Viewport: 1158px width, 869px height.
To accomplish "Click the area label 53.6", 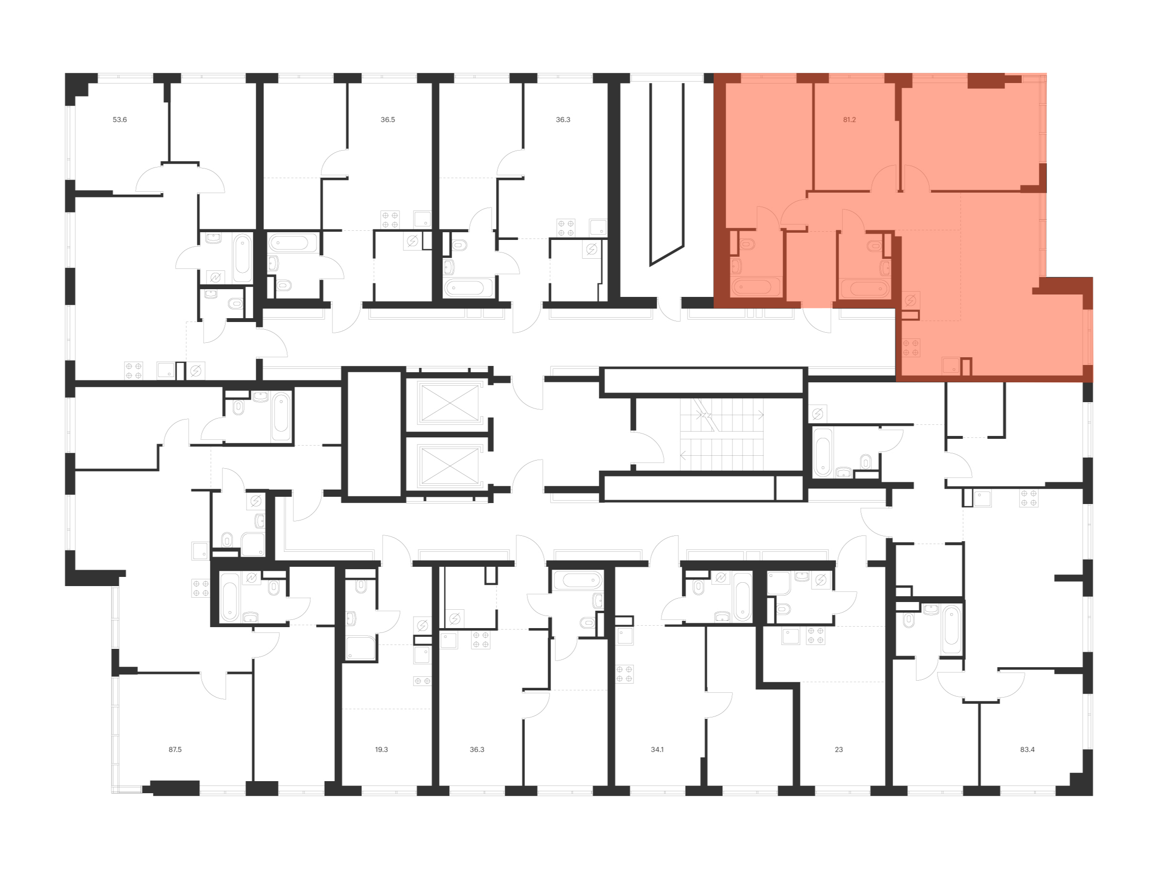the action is point(119,120).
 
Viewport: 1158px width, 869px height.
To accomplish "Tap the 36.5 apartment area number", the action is point(387,120).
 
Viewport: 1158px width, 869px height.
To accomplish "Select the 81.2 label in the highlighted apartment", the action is point(849,120).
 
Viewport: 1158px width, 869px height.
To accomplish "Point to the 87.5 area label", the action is point(175,750).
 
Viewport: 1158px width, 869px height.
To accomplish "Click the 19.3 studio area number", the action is point(381,750).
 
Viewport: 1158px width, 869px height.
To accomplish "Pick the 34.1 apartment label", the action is point(657,750).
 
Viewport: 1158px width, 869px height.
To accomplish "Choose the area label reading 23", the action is point(839,750).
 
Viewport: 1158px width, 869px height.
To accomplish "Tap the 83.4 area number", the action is point(1027,750).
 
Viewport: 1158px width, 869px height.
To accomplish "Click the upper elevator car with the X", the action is point(450,402).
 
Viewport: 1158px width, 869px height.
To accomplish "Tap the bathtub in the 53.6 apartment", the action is point(242,258).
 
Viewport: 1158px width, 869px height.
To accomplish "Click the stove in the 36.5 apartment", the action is point(390,220).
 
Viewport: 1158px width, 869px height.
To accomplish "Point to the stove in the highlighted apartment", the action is point(911,348).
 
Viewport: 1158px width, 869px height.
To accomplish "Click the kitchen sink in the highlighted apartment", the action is point(950,365).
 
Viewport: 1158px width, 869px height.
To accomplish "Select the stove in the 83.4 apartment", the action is point(1029,498).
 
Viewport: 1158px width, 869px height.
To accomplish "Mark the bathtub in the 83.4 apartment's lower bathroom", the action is point(952,630).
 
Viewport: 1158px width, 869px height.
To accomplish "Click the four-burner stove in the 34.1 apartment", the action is point(624,674).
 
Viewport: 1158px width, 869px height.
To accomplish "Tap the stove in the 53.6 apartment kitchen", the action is point(134,371).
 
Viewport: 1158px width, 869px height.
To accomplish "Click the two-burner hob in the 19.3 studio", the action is point(422,681).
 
